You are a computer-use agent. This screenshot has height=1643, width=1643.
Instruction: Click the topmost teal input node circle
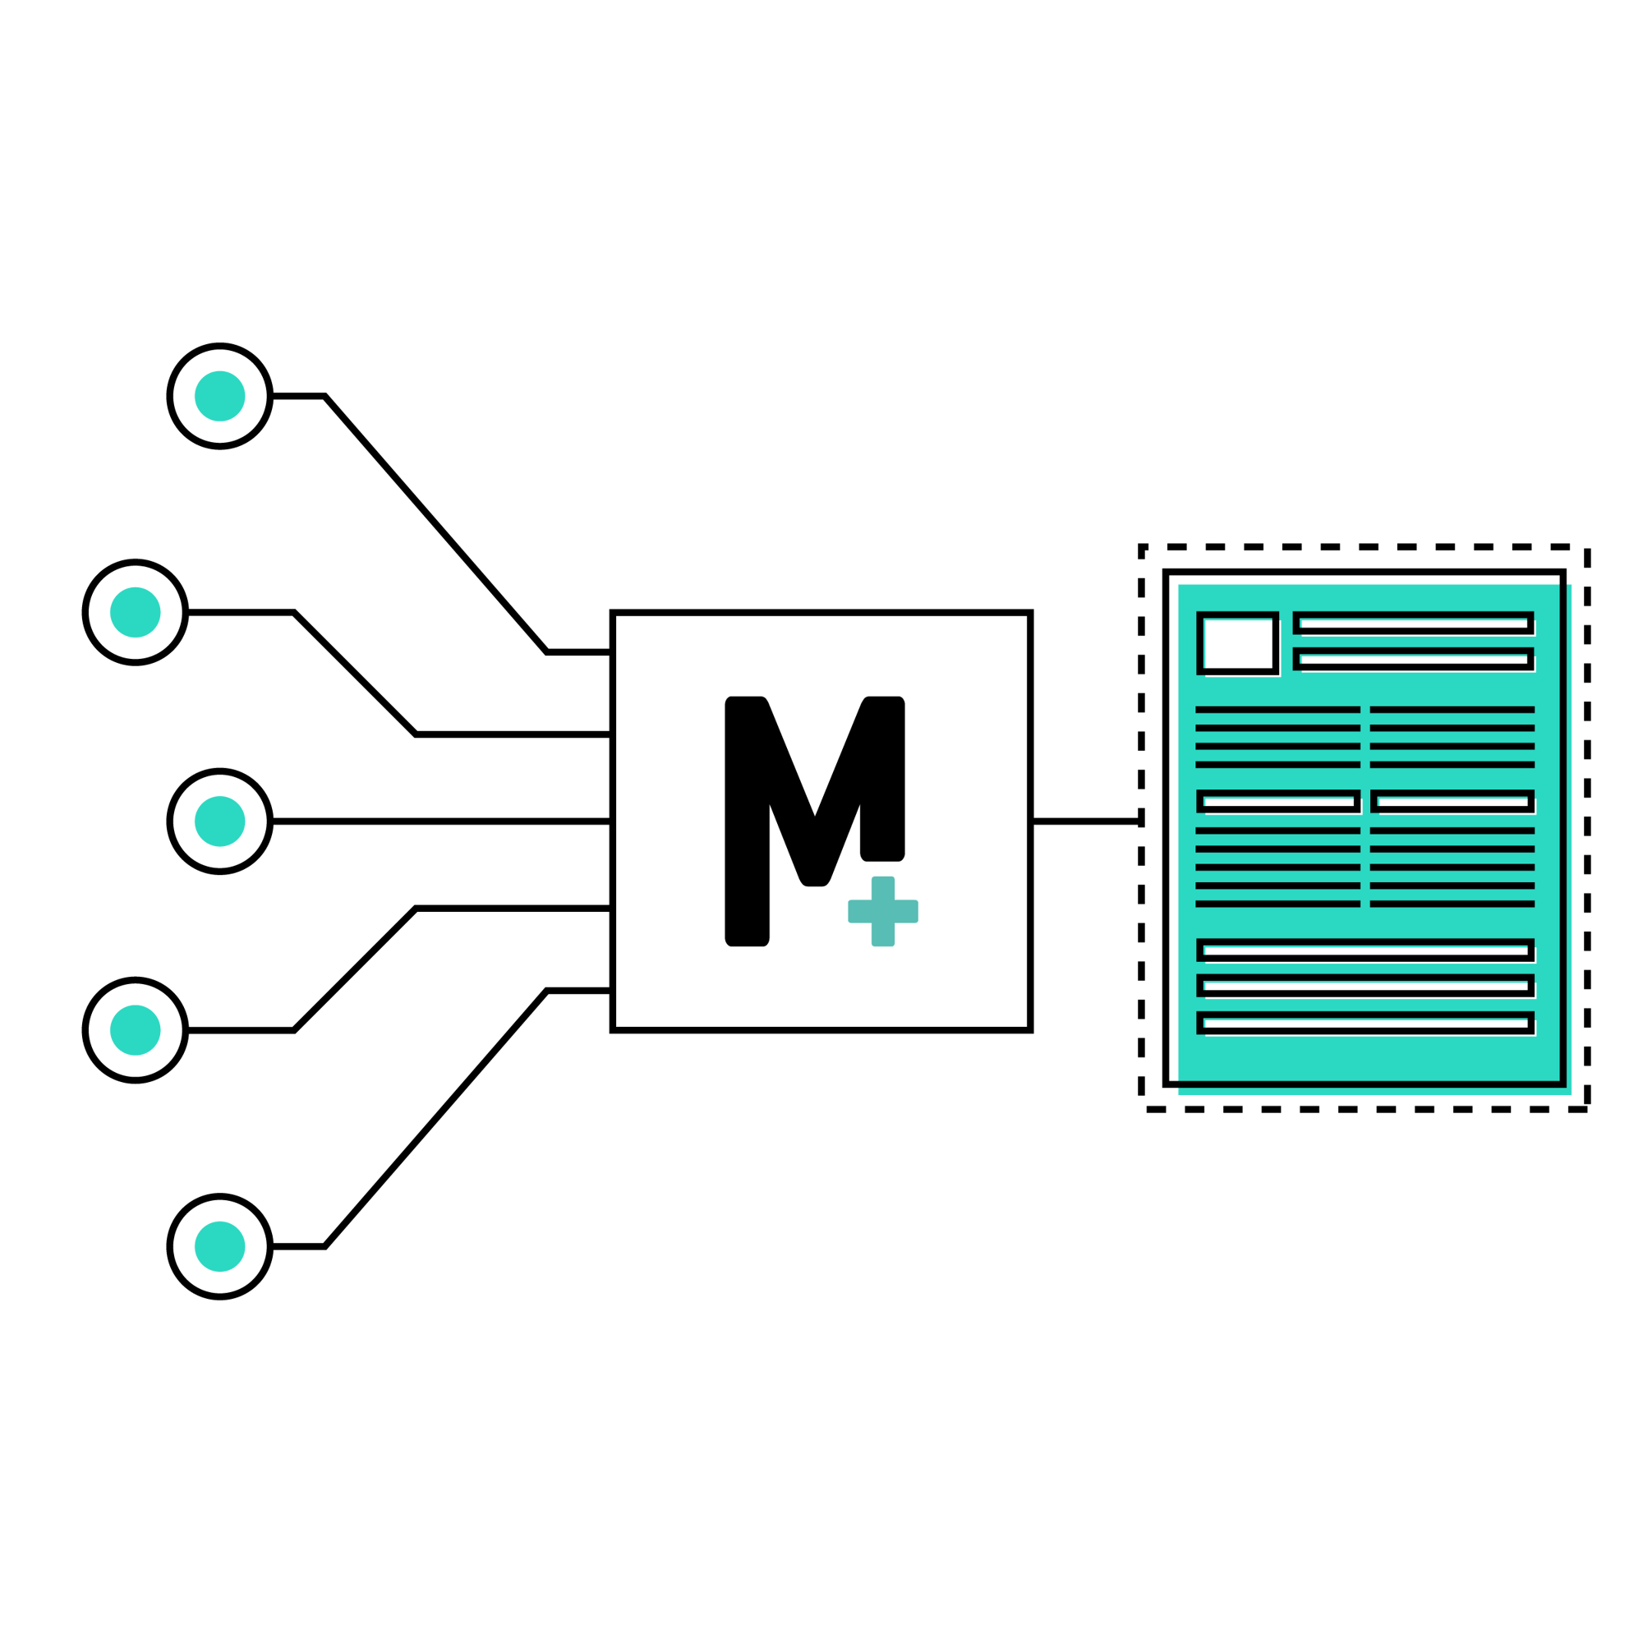(x=219, y=395)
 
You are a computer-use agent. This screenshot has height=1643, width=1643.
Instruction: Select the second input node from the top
(x=136, y=611)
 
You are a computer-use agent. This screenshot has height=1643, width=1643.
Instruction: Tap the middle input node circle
(x=219, y=821)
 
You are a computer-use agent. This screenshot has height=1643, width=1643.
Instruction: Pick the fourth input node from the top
(x=136, y=1030)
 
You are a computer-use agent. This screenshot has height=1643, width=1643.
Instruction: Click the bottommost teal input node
(x=219, y=1246)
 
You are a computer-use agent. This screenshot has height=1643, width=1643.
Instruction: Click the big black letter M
(x=814, y=821)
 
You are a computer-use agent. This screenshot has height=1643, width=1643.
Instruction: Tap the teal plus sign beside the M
(x=883, y=911)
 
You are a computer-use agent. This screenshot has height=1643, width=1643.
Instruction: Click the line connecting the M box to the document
(x=1086, y=821)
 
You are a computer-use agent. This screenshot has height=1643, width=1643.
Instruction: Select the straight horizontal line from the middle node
(x=441, y=821)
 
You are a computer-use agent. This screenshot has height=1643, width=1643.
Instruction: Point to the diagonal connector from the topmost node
(x=435, y=524)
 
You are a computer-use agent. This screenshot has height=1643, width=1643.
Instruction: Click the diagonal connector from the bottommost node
(x=435, y=1118)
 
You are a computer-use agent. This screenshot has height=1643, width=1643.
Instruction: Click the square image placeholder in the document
(x=1237, y=643)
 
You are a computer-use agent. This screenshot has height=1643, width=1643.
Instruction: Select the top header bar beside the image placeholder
(x=1413, y=623)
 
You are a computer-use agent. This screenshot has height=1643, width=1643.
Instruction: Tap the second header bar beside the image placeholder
(x=1413, y=659)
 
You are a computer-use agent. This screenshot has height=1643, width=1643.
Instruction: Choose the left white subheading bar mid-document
(x=1278, y=801)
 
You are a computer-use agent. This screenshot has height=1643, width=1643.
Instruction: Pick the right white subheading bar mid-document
(x=1452, y=801)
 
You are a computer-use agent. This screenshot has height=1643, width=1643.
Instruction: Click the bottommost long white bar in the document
(x=1365, y=1023)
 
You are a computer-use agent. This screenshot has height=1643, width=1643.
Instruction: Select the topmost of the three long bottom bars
(x=1365, y=950)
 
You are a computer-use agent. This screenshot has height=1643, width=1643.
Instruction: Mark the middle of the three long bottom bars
(x=1365, y=987)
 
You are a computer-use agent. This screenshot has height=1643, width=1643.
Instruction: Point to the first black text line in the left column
(x=1278, y=709)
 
